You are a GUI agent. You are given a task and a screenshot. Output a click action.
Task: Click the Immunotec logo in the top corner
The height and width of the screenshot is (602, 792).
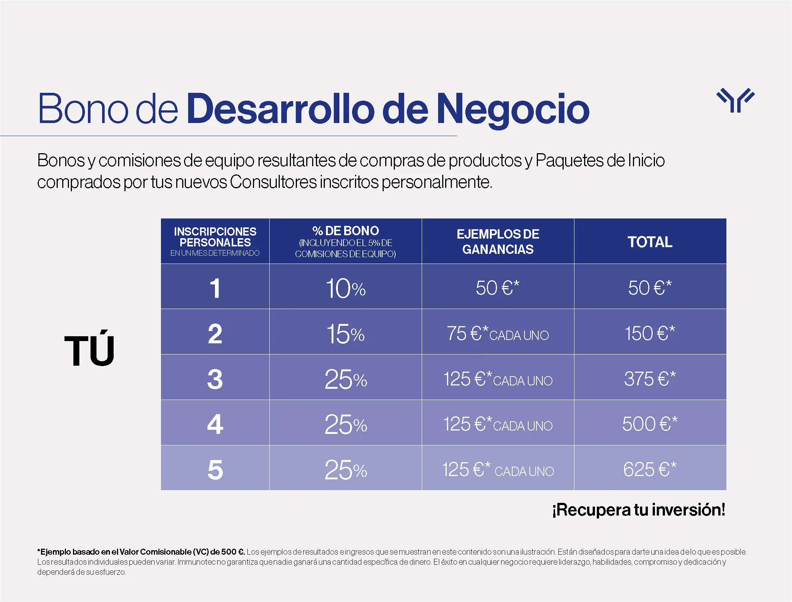[735, 100]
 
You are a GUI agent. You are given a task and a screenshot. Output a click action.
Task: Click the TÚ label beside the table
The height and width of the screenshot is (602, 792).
[89, 350]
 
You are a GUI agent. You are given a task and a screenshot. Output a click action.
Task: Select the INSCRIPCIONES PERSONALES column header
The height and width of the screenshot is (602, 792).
[215, 241]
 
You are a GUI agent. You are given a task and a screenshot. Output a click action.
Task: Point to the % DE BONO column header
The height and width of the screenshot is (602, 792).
[345, 241]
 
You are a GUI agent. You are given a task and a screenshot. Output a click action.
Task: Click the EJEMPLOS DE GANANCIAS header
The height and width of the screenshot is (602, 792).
[498, 242]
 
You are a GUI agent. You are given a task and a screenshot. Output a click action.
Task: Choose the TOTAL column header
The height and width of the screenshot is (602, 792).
[650, 242]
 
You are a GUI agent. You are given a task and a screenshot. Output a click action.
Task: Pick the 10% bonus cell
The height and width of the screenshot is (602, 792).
[345, 288]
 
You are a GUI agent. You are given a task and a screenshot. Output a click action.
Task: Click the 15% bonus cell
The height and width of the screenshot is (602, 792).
[345, 334]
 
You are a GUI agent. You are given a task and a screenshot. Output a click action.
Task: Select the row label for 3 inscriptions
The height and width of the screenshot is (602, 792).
[215, 379]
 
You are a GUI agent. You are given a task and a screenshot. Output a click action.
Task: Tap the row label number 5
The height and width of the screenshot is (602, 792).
[215, 470]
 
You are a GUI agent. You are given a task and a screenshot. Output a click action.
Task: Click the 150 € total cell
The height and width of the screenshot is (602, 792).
[650, 333]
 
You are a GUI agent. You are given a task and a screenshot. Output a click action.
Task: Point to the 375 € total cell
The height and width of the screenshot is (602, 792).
[650, 379]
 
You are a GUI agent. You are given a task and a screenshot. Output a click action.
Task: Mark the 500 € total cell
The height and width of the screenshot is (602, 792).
[650, 424]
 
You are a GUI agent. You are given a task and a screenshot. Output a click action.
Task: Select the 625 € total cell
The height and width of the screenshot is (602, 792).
[650, 469]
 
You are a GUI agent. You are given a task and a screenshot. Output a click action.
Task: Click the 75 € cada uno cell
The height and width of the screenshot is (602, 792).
[498, 334]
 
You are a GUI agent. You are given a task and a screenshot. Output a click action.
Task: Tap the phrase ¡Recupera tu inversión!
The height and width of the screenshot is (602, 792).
[639, 510]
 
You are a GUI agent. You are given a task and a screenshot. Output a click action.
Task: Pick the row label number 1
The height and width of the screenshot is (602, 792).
[215, 288]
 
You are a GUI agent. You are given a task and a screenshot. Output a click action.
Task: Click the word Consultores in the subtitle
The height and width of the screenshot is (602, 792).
[273, 182]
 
